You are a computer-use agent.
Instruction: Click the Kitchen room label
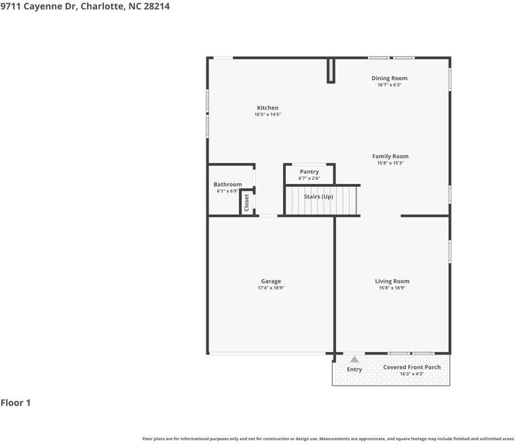(268, 108)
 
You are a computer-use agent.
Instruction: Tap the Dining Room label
(389, 78)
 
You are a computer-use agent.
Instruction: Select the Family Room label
(390, 156)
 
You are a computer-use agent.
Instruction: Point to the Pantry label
(309, 172)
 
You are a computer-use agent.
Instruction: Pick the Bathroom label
(227, 184)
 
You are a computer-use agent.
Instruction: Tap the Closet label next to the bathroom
(246, 202)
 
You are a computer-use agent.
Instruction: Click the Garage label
(271, 281)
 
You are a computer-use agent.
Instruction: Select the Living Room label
(392, 281)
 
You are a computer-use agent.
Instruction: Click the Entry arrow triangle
(354, 359)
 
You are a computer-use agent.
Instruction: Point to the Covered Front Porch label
(411, 368)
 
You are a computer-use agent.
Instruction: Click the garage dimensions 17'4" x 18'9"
(271, 288)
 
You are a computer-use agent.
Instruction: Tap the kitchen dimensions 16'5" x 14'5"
(268, 115)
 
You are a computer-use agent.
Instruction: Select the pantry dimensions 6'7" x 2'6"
(309, 179)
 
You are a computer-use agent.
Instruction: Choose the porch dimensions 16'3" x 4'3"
(411, 374)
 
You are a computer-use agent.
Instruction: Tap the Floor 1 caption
(16, 403)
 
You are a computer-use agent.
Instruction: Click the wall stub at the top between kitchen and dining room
(331, 70)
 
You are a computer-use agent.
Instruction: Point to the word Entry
(354, 370)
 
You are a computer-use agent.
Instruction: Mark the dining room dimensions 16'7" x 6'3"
(389, 85)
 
